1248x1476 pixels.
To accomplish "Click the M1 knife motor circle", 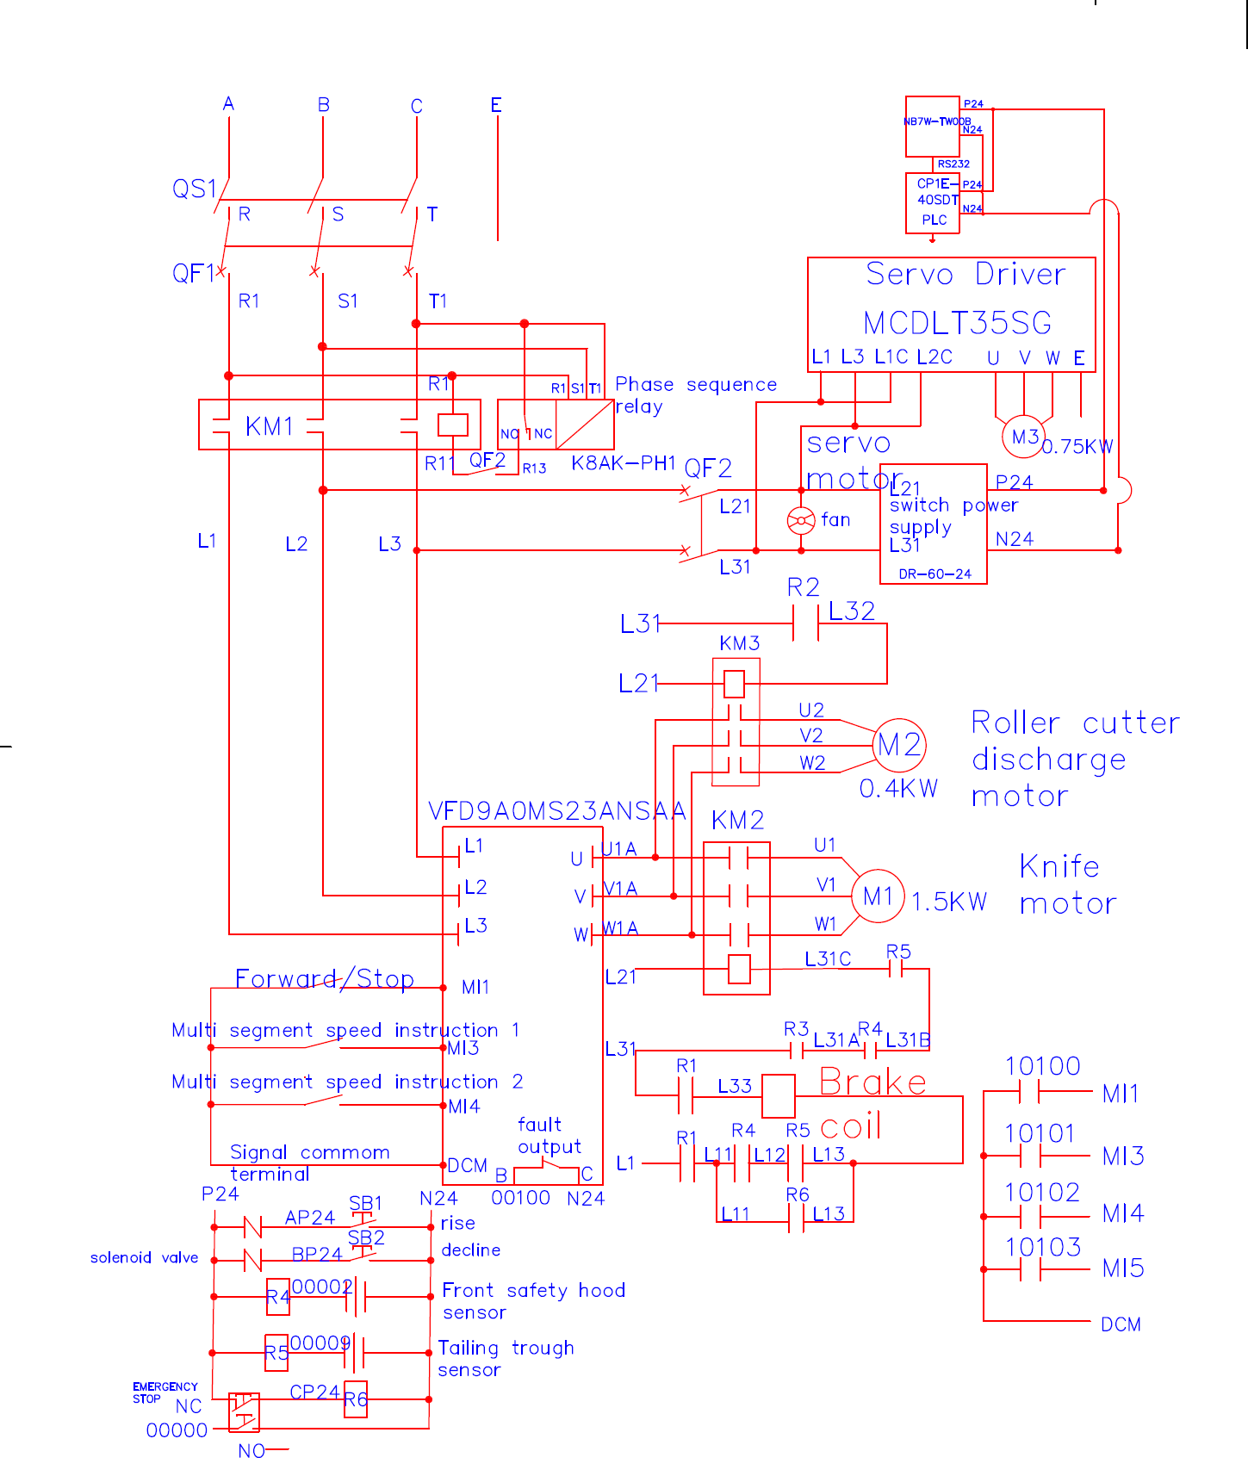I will point(878,896).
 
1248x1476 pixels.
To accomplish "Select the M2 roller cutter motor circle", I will point(899,745).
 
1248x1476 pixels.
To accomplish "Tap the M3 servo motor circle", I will point(1024,437).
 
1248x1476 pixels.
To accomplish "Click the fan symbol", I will point(801,520).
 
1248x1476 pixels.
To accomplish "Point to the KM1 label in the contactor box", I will point(270,426).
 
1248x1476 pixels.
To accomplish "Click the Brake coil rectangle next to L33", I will point(779,1095).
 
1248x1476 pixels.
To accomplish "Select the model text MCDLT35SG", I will point(957,324).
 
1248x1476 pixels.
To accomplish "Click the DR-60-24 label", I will point(934,574).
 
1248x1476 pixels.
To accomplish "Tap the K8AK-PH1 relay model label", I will point(624,463).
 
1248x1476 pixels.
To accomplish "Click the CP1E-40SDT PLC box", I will point(932,202).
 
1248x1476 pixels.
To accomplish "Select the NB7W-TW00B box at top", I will point(932,126).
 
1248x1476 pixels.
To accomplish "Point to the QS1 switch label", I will point(194,189).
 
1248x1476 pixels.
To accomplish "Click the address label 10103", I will point(1042,1247).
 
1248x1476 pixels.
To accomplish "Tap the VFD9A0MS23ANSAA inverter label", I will point(557,811).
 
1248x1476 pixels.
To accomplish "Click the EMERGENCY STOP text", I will point(165,1392).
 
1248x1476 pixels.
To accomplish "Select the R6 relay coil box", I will point(356,1399).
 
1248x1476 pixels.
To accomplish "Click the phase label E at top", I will point(496,105).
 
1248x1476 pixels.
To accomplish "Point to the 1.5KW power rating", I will point(948,902).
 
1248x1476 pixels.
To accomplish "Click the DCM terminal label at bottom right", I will point(1121,1324).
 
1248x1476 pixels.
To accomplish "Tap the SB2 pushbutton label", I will point(366,1238).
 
